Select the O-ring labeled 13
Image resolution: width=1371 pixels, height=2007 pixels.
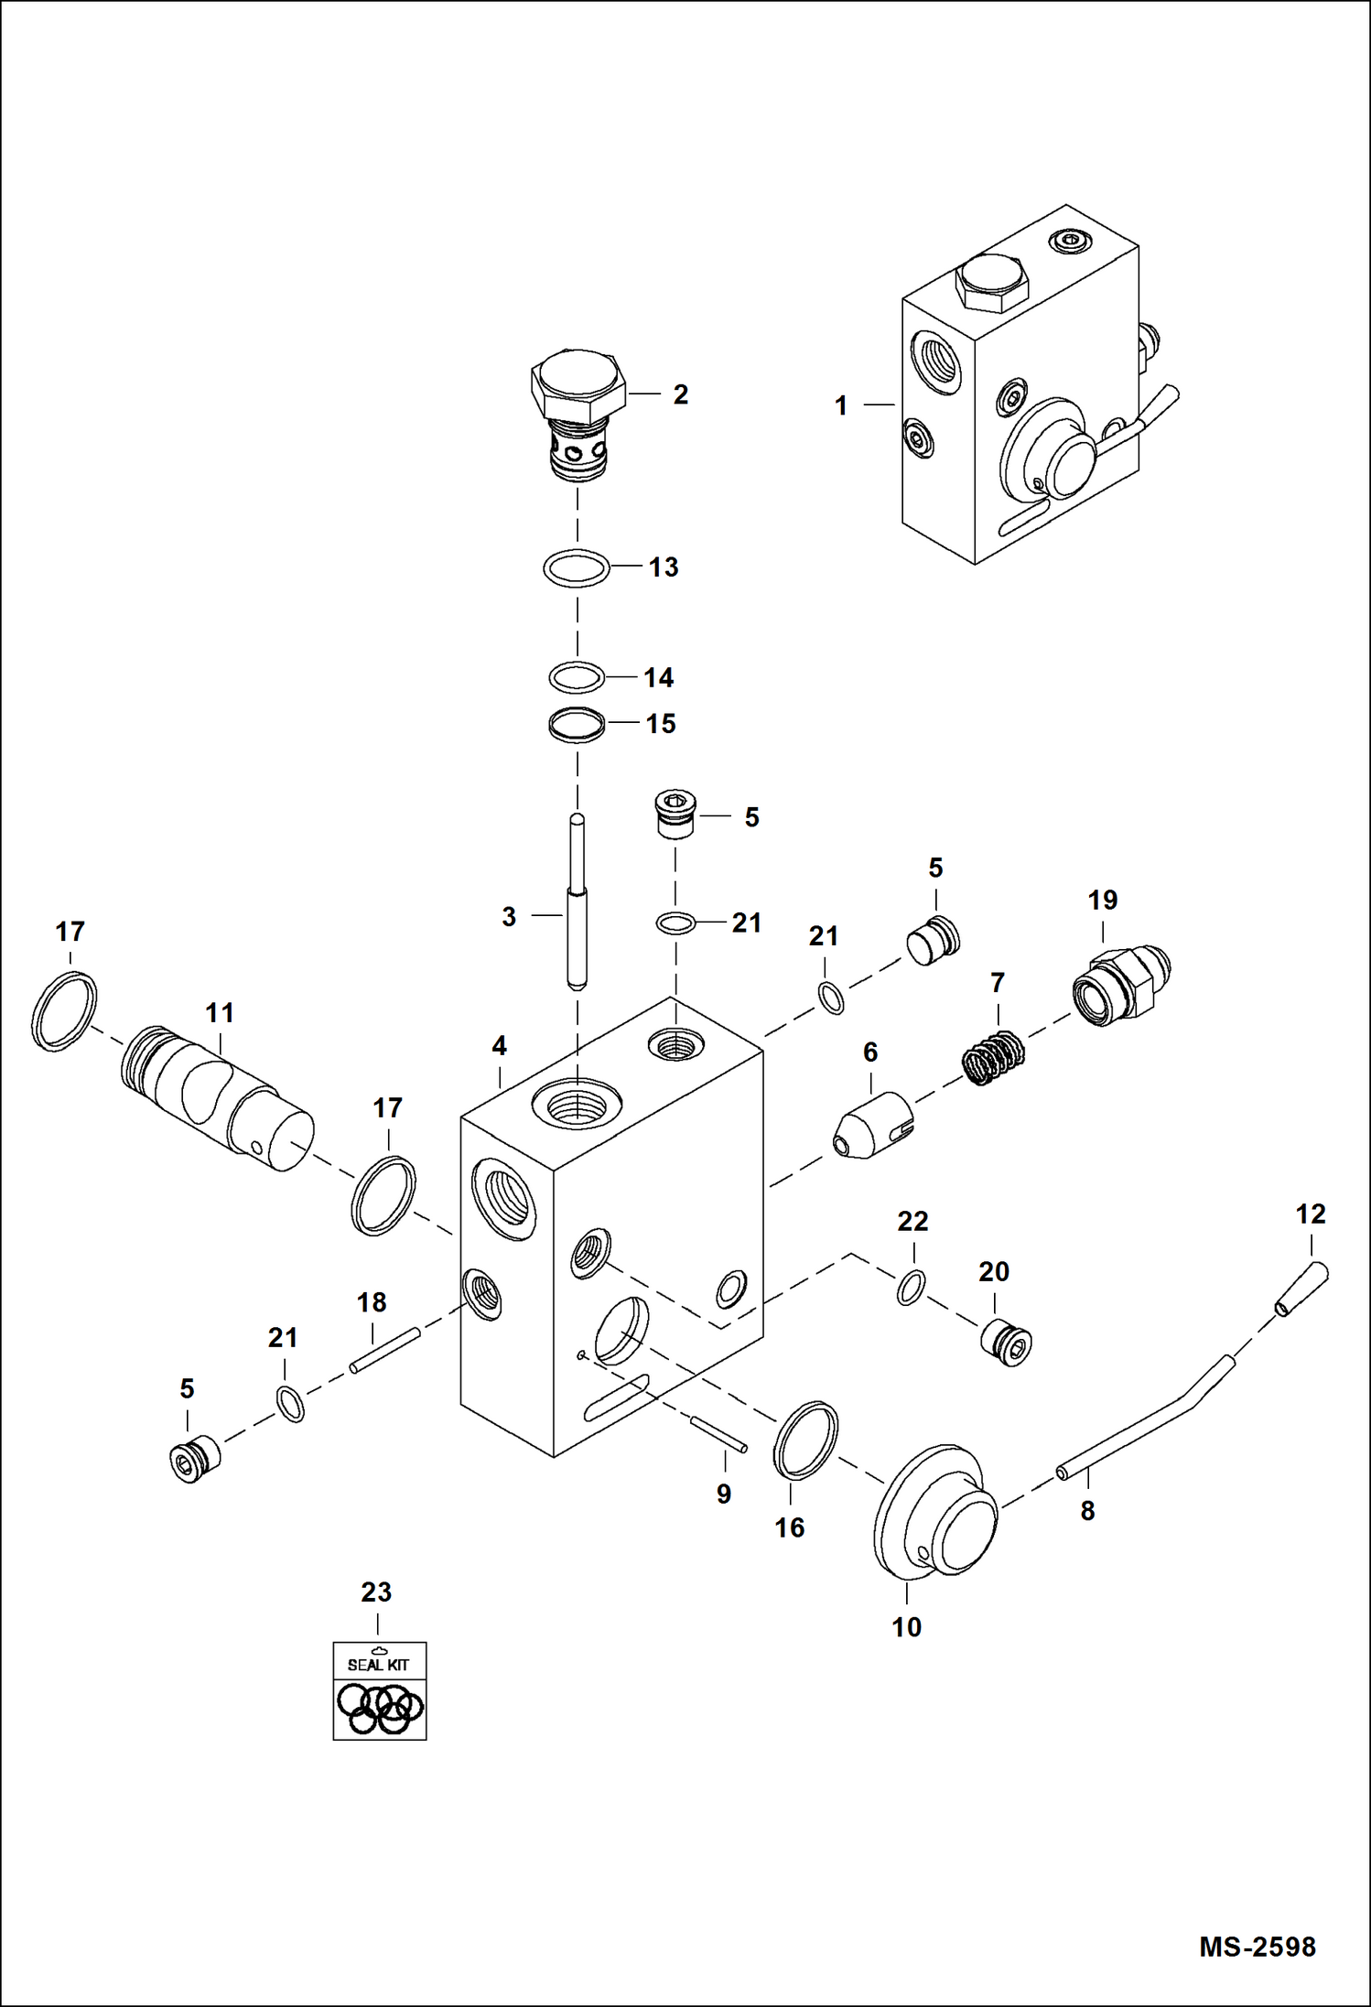[x=577, y=568]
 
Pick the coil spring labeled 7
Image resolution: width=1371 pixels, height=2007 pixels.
[x=993, y=1058]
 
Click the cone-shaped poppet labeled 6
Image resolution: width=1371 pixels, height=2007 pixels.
[x=872, y=1127]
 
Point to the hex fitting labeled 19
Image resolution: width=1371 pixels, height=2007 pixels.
[x=1120, y=987]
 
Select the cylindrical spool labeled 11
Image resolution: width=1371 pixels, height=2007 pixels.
[x=218, y=1101]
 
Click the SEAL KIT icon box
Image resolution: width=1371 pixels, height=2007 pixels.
[x=379, y=1690]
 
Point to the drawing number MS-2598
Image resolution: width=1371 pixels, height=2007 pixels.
[x=1257, y=1947]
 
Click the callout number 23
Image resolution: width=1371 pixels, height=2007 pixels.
[x=376, y=1592]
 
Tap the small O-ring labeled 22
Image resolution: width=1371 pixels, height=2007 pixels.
[x=910, y=1287]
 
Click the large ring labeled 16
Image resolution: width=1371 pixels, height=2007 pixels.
[x=805, y=1440]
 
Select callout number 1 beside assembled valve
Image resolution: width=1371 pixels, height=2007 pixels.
[x=841, y=405]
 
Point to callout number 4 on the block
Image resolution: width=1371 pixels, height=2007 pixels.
[x=499, y=1045]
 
